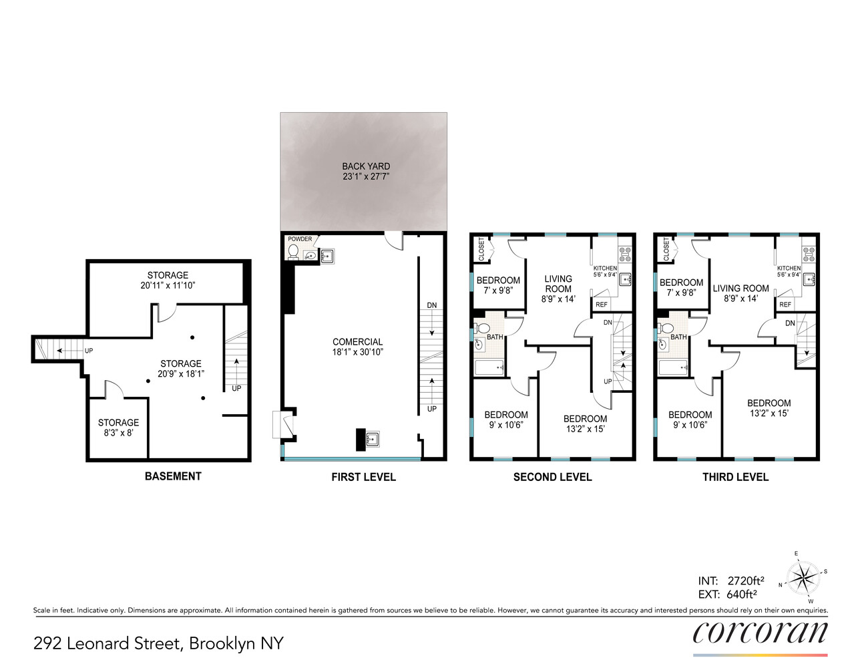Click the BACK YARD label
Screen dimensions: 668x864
365,172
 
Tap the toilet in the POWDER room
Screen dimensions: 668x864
293,252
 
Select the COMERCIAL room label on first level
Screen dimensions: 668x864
357,347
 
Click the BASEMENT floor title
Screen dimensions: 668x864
173,476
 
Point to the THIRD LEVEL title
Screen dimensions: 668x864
735,477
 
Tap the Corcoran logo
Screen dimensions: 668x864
760,633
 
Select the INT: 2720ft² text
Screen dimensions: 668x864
731,580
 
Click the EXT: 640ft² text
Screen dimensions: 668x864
728,595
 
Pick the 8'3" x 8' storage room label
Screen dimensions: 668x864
118,428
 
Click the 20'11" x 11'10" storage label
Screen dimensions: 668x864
168,280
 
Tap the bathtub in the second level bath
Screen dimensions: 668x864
489,367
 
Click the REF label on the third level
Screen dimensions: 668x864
785,305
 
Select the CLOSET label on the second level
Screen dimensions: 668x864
481,248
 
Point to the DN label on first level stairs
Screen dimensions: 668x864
432,305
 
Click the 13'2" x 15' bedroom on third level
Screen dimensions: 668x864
769,408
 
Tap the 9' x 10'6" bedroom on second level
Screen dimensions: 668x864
505,420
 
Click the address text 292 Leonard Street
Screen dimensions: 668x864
158,643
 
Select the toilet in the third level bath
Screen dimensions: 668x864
666,328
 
